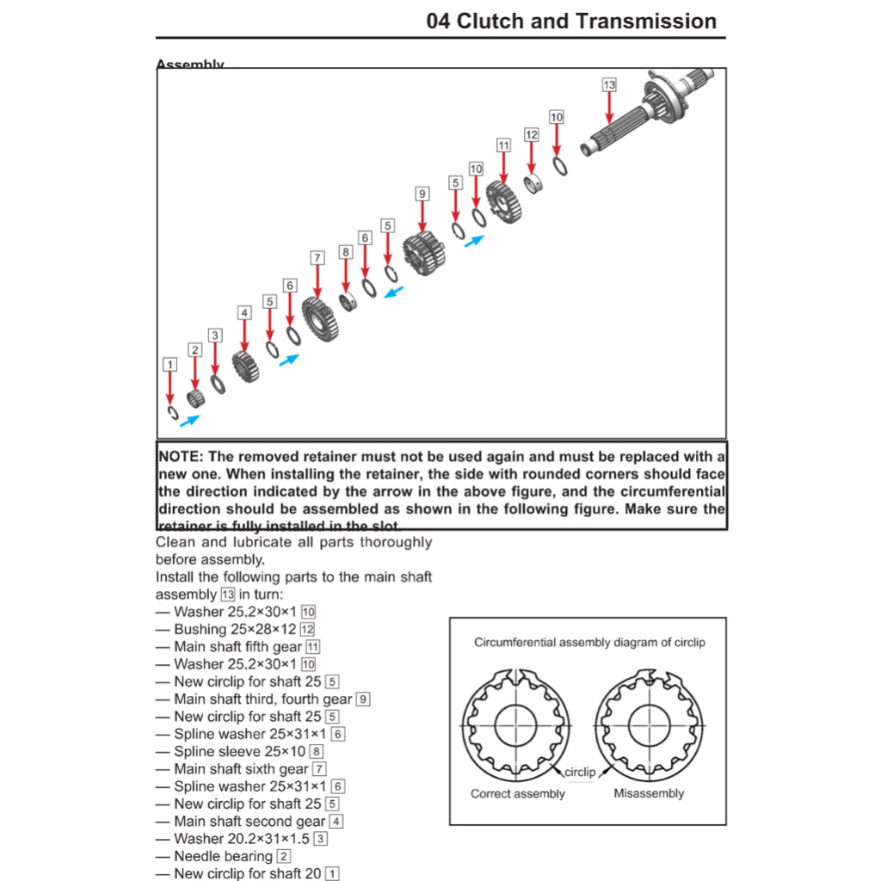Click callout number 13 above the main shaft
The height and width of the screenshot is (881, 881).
pyautogui.click(x=609, y=85)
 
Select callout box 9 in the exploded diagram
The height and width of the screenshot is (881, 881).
pyautogui.click(x=422, y=194)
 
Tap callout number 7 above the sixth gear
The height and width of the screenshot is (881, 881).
pyautogui.click(x=317, y=257)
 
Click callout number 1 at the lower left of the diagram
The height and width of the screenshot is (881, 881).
pyautogui.click(x=170, y=365)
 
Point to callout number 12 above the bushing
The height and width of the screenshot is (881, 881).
pyautogui.click(x=531, y=135)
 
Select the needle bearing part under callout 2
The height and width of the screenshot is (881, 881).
pyautogui.click(x=196, y=399)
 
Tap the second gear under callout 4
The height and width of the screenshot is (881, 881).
pyautogui.click(x=246, y=366)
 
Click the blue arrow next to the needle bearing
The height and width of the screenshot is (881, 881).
pyautogui.click(x=189, y=421)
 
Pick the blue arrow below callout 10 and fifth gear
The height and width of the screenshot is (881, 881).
pyautogui.click(x=474, y=242)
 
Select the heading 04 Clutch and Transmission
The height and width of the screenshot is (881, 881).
pyautogui.click(x=571, y=22)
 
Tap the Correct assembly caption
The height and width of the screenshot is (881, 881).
pyautogui.click(x=517, y=793)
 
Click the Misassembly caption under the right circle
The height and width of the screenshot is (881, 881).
pyautogui.click(x=649, y=793)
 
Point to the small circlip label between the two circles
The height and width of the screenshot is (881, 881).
pyautogui.click(x=579, y=772)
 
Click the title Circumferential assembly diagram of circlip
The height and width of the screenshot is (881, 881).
pyautogui.click(x=589, y=642)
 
